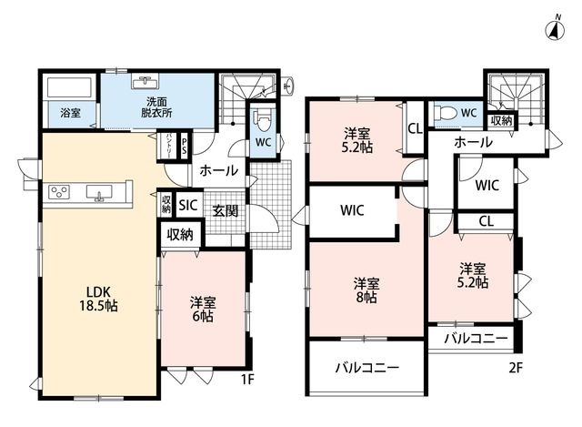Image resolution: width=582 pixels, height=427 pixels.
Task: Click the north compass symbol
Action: pyautogui.click(x=556, y=28)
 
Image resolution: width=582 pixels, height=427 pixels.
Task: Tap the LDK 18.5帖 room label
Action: pyautogui.click(x=98, y=299)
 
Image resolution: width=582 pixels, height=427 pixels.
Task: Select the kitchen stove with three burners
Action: pyautogui.click(x=59, y=192)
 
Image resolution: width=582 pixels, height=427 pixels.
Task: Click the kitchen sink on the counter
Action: pyautogui.click(x=99, y=193)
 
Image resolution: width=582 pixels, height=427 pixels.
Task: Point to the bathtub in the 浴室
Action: pyautogui.click(x=69, y=87)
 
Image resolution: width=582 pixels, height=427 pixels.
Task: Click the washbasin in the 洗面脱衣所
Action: pyautogui.click(x=145, y=81)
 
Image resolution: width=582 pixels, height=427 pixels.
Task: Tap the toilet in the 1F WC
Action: pyautogui.click(x=264, y=120)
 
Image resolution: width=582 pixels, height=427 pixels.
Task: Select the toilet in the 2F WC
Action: pyautogui.click(x=445, y=111)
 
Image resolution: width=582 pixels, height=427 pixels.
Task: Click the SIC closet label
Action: pyautogui.click(x=188, y=205)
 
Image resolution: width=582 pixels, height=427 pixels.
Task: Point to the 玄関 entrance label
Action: pyautogui.click(x=226, y=210)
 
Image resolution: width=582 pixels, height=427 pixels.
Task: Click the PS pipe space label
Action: pyautogui.click(x=184, y=147)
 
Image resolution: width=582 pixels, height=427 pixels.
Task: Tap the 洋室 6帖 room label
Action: pyautogui.click(x=203, y=309)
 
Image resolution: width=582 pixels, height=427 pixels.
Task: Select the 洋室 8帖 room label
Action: pyautogui.click(x=366, y=290)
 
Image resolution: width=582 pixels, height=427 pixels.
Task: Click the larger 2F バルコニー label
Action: pyautogui.click(x=367, y=368)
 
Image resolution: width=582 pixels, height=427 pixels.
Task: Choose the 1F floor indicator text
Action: pyautogui.click(x=247, y=380)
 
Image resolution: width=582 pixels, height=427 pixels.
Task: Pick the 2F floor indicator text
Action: pyautogui.click(x=516, y=368)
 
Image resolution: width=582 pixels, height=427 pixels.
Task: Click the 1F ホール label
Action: pyautogui.click(x=219, y=170)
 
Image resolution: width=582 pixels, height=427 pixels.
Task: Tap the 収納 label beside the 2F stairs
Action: pyautogui.click(x=501, y=120)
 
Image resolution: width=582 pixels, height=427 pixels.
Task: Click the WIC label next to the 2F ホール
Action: pyautogui.click(x=487, y=185)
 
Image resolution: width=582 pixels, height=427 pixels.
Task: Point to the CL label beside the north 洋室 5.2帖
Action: pyautogui.click(x=416, y=128)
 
